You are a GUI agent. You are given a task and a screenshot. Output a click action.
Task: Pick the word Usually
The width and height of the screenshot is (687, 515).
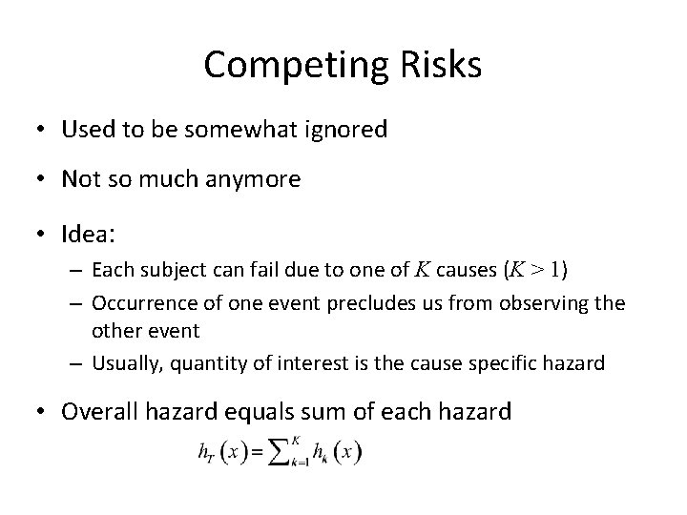[123, 363]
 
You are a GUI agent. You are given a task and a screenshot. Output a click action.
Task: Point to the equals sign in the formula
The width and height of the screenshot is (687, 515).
[255, 452]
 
